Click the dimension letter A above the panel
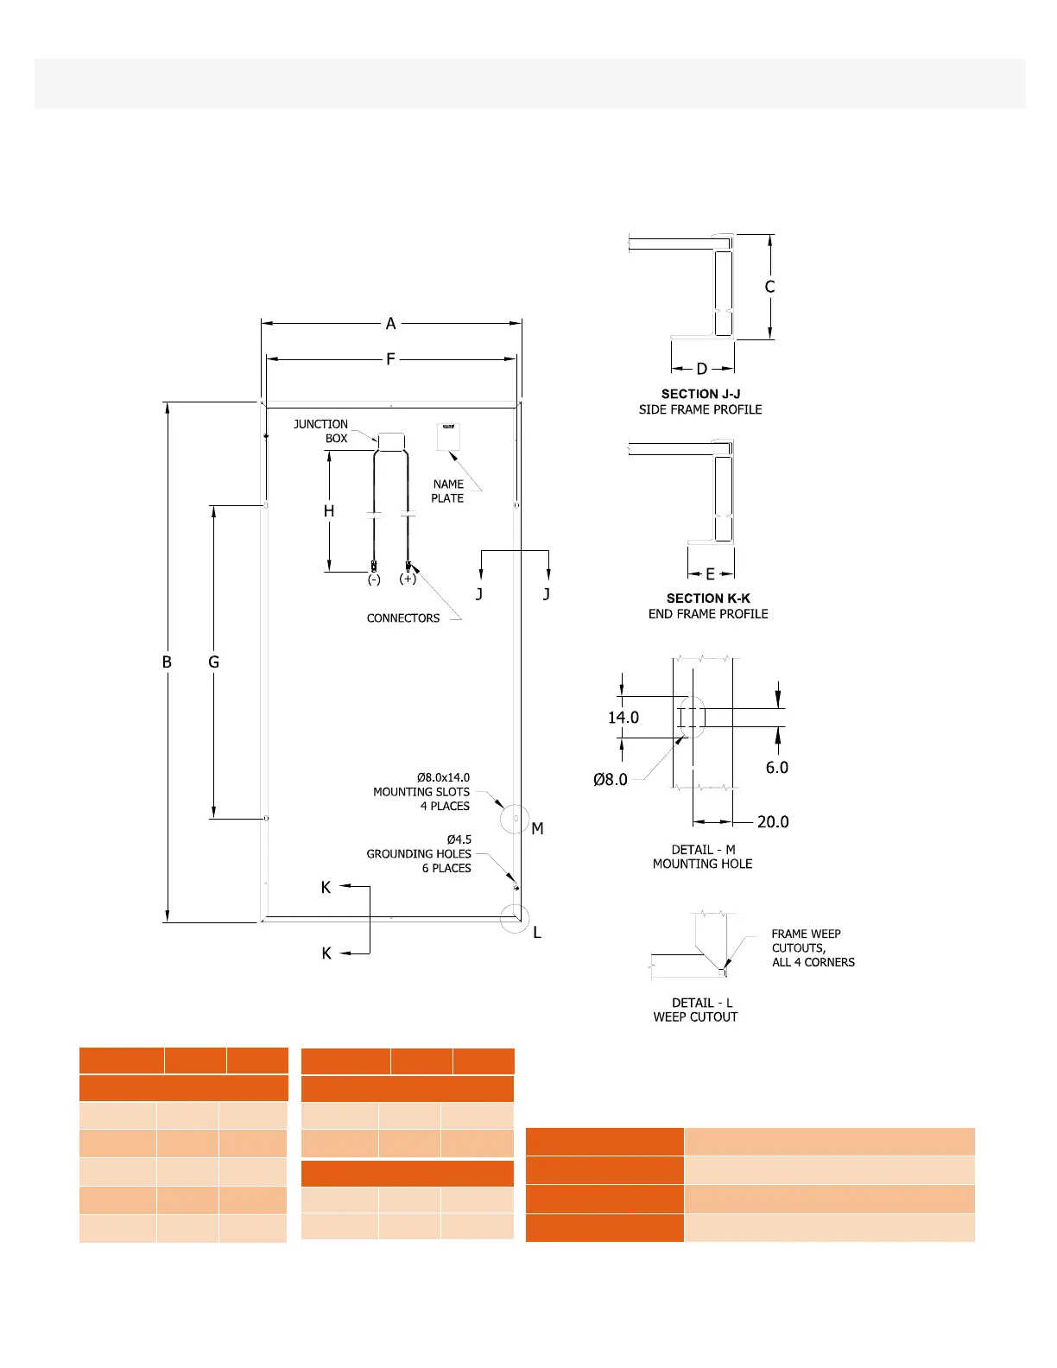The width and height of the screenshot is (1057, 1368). tap(391, 324)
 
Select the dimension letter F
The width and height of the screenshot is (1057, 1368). tap(391, 359)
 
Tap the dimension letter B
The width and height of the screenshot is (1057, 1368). tap(167, 662)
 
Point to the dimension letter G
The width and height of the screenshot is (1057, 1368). tap(214, 662)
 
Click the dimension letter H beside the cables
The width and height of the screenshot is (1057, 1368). tap(329, 511)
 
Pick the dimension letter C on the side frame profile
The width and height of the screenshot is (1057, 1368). tap(770, 287)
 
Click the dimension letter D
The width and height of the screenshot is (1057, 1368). tap(702, 369)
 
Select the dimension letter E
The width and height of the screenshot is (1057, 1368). tap(711, 574)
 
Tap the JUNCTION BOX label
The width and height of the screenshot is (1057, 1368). tap(321, 431)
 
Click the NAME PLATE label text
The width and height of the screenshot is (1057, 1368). tap(448, 491)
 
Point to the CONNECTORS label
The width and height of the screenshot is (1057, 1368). tap(403, 618)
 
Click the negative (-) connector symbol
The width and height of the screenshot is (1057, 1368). tap(374, 579)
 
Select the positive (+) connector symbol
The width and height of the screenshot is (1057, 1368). tap(408, 579)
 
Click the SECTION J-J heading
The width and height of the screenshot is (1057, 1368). tap(700, 394)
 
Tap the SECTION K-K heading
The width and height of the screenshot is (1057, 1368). tap(708, 598)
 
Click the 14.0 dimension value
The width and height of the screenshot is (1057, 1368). tap(623, 718)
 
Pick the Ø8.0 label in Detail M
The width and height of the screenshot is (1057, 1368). tap(611, 780)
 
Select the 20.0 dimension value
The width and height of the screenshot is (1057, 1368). tap(773, 822)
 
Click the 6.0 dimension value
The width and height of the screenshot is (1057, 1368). tap(777, 768)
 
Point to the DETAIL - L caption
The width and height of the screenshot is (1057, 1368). tap(702, 1003)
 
